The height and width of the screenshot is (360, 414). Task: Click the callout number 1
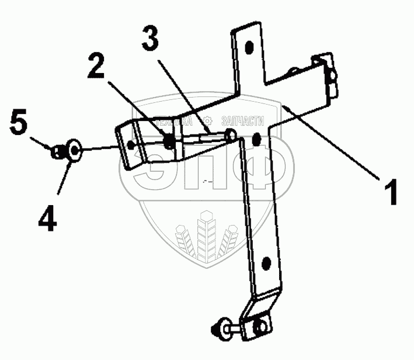tap(390, 191)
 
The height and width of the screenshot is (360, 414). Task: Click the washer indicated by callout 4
tap(73, 151)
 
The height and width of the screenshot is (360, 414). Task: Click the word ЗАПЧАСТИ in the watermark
tap(243, 122)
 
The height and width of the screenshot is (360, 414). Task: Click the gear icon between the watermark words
tap(207, 121)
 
